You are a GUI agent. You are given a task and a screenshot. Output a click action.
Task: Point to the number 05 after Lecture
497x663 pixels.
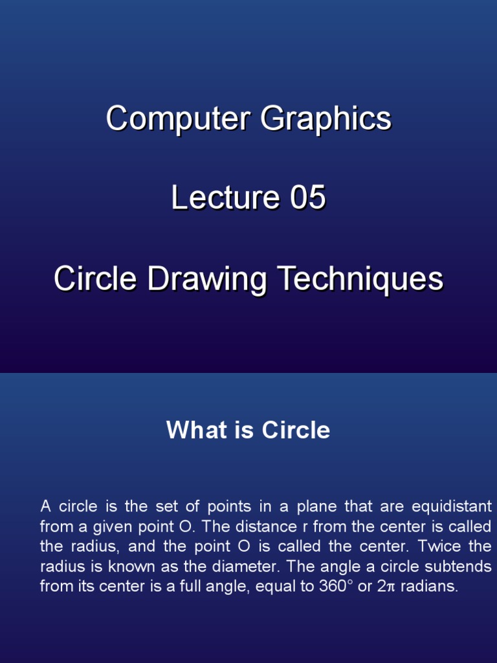tap(307, 198)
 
